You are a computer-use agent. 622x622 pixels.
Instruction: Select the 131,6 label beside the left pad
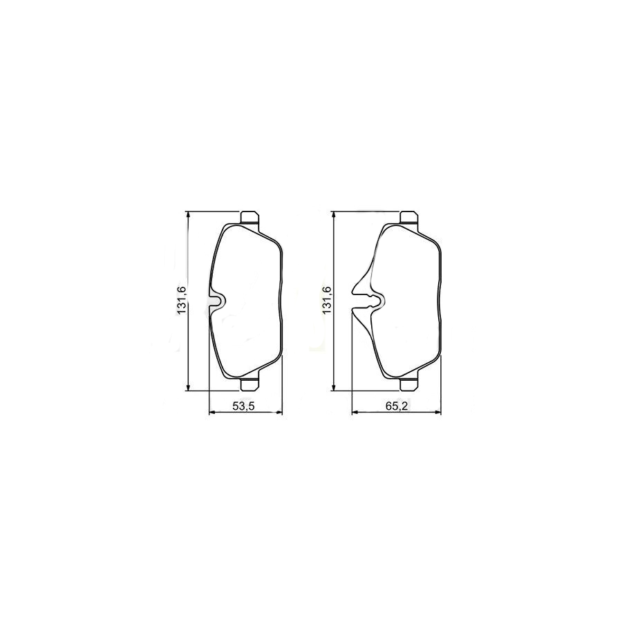(x=182, y=301)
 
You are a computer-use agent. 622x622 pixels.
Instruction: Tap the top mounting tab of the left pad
(x=250, y=217)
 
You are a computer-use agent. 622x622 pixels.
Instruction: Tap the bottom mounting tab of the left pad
(x=250, y=384)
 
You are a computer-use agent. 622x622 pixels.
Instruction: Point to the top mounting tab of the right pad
(x=408, y=217)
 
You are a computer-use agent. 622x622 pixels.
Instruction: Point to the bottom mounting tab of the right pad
(x=408, y=384)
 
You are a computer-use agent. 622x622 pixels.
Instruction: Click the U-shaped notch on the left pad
(x=218, y=301)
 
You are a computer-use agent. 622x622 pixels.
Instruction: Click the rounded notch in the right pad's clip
(x=377, y=301)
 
